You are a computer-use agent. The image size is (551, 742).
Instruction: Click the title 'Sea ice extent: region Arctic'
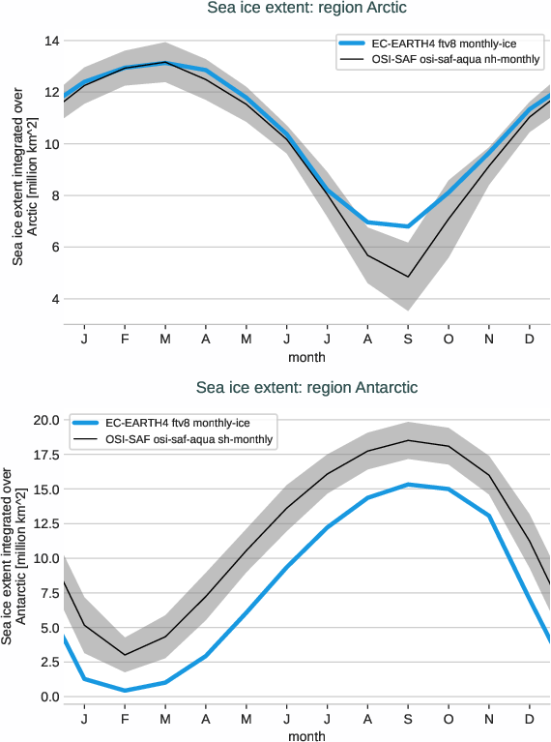[x=306, y=9]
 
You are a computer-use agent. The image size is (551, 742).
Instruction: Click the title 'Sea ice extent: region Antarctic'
[x=306, y=388]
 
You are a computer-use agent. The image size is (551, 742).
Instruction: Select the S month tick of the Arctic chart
[x=408, y=341]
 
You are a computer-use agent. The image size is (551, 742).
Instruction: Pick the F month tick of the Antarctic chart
[x=125, y=720]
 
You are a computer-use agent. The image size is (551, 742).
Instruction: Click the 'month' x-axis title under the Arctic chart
[x=306, y=357]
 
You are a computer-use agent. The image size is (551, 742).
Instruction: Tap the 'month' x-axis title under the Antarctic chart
[x=306, y=736]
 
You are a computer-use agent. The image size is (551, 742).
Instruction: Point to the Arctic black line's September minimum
[x=408, y=277]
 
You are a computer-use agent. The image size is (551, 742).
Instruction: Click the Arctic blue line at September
[x=408, y=226]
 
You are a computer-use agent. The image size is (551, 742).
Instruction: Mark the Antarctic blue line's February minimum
[x=125, y=691]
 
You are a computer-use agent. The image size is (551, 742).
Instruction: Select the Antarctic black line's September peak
[x=408, y=440]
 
